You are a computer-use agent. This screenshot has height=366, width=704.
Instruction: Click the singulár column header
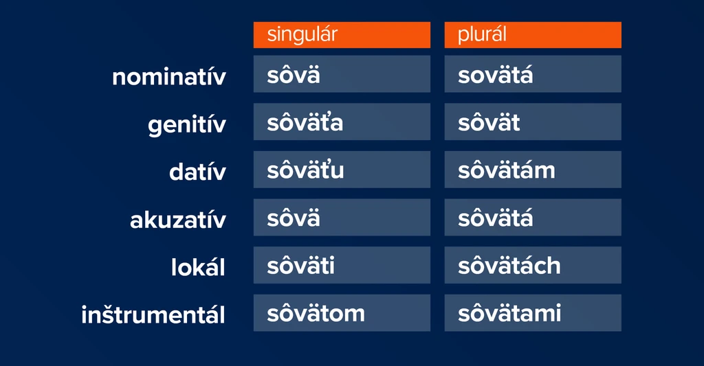[x=342, y=35]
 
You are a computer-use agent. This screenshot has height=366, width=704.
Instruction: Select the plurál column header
[x=533, y=35]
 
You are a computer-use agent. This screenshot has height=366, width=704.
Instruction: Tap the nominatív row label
[x=169, y=77]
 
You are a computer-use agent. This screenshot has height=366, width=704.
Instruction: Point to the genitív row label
[x=187, y=125]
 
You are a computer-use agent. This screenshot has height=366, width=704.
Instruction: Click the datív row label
[x=197, y=172]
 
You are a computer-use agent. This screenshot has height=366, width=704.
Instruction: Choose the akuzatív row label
[x=178, y=220]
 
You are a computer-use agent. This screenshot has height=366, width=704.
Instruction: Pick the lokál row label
[x=198, y=267]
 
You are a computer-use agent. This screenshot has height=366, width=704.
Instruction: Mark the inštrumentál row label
[x=153, y=315]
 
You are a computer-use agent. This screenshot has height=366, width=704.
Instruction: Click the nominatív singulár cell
[x=342, y=74]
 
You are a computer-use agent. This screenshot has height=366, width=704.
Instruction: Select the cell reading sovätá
[x=533, y=74]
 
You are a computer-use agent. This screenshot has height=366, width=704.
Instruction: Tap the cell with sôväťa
[x=342, y=122]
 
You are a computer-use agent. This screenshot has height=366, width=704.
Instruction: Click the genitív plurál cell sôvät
[x=533, y=122]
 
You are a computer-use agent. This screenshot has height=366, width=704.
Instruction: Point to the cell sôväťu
[x=342, y=170]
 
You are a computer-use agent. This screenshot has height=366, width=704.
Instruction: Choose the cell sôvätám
[x=533, y=170]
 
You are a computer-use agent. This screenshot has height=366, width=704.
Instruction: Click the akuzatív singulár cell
[x=342, y=217]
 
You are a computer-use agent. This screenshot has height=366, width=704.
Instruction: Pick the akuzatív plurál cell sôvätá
[x=533, y=217]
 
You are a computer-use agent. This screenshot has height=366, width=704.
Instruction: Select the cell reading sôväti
[x=342, y=265]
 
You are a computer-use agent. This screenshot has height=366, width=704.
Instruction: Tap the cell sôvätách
[x=533, y=265]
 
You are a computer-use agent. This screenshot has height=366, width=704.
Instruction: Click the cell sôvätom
[x=342, y=312]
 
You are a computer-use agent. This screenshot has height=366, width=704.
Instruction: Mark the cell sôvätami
[x=533, y=312]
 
